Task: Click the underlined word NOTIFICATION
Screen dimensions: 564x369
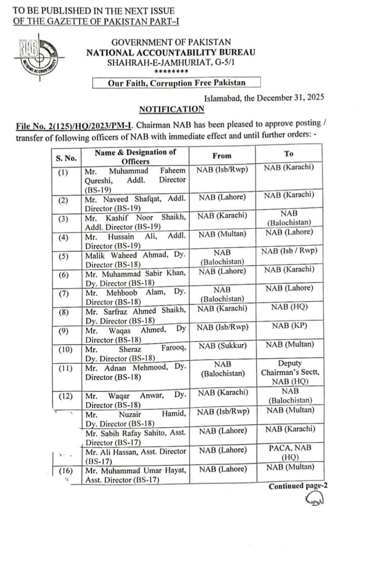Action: point(171,109)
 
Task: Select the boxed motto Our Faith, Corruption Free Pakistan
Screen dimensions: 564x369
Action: point(176,83)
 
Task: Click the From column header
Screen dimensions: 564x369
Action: point(222,156)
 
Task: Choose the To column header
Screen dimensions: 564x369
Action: point(289,154)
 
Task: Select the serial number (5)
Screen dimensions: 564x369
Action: point(63,256)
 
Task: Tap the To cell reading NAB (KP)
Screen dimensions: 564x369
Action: point(289,326)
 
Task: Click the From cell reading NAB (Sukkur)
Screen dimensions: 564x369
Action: point(223,346)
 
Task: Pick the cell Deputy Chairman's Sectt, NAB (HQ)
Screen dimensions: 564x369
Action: point(290,372)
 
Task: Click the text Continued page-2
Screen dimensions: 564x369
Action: point(298,486)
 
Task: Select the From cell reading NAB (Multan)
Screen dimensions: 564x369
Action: point(222,234)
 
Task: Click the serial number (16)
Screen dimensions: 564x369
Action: point(65,471)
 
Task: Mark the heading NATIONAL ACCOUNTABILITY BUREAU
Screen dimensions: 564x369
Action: point(171,53)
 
